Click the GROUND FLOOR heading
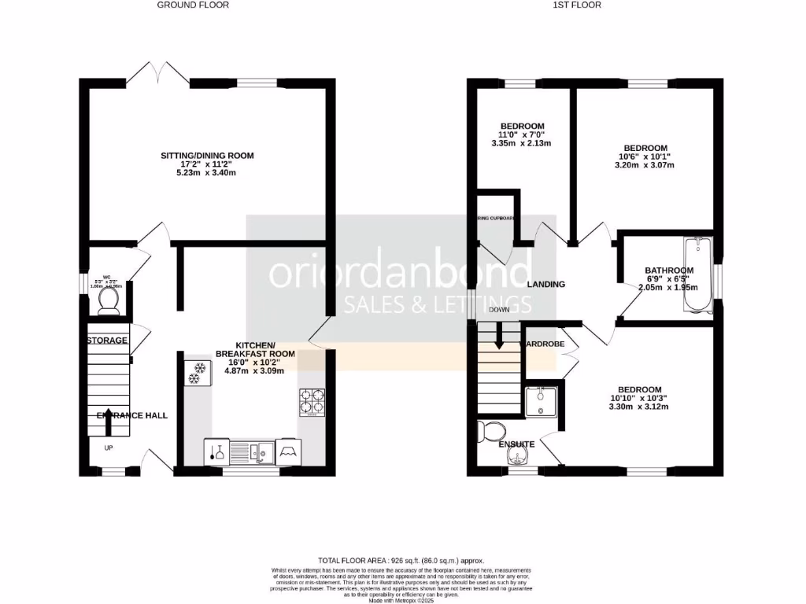click(x=193, y=5)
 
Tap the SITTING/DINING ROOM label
click(x=207, y=156)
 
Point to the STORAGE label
click(x=107, y=341)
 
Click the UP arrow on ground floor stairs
click(x=107, y=425)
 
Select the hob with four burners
click(x=311, y=402)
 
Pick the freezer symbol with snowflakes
click(x=195, y=373)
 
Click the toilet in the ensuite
click(x=494, y=430)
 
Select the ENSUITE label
click(x=517, y=444)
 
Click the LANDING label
click(x=546, y=284)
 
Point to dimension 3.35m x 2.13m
click(x=521, y=143)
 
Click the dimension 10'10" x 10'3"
click(x=639, y=398)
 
